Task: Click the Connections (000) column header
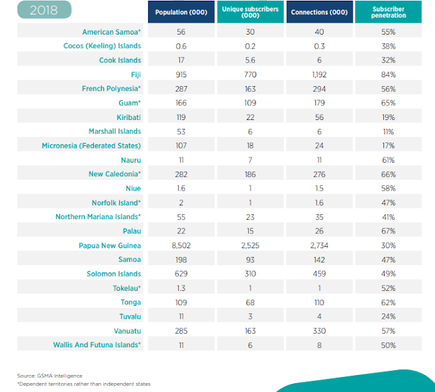[x=319, y=13]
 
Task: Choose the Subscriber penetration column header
[x=389, y=13]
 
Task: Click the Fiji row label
[x=135, y=75]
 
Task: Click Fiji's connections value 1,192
[x=319, y=75]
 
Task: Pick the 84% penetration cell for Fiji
[x=389, y=75]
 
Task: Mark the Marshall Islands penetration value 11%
[x=389, y=132]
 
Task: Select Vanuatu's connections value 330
[x=319, y=331]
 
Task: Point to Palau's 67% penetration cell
[x=389, y=231]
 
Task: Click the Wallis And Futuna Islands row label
[x=97, y=345]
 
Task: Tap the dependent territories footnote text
[x=84, y=384]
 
